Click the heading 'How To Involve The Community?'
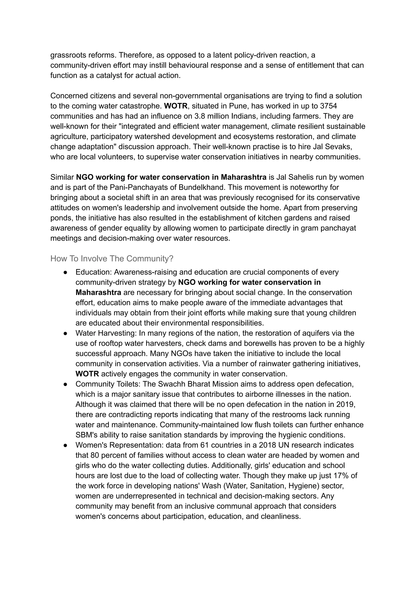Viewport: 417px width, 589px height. point(112,259)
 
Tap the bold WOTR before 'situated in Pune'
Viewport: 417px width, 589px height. point(176,106)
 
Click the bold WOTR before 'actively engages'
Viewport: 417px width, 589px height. point(87,374)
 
